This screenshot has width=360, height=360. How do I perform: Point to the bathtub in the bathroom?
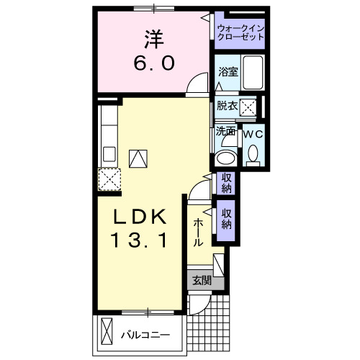coord(253,73)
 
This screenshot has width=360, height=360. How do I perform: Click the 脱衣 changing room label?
coord(227,106)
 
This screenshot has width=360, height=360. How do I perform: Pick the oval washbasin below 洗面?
coord(226,158)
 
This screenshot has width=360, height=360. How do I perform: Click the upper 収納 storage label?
coord(226,183)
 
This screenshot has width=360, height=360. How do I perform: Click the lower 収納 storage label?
coord(226,218)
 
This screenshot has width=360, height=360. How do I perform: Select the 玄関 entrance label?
coord(202,281)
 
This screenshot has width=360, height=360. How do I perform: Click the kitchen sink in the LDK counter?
coord(109,153)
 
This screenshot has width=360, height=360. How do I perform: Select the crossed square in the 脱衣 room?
coord(249,107)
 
